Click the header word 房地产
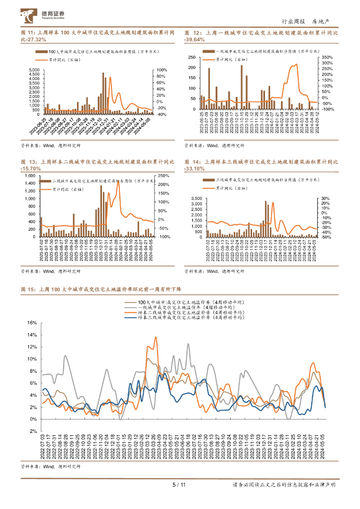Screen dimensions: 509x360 tap(321, 21)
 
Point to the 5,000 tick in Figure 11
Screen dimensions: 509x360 tap(33, 70)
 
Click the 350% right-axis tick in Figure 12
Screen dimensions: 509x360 tap(326, 57)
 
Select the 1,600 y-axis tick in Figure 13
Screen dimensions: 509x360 tap(29, 176)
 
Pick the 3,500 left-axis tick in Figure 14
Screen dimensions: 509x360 tap(196, 198)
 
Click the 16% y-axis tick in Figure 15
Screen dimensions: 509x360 tap(32, 323)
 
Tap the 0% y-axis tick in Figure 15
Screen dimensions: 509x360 tap(33, 419)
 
